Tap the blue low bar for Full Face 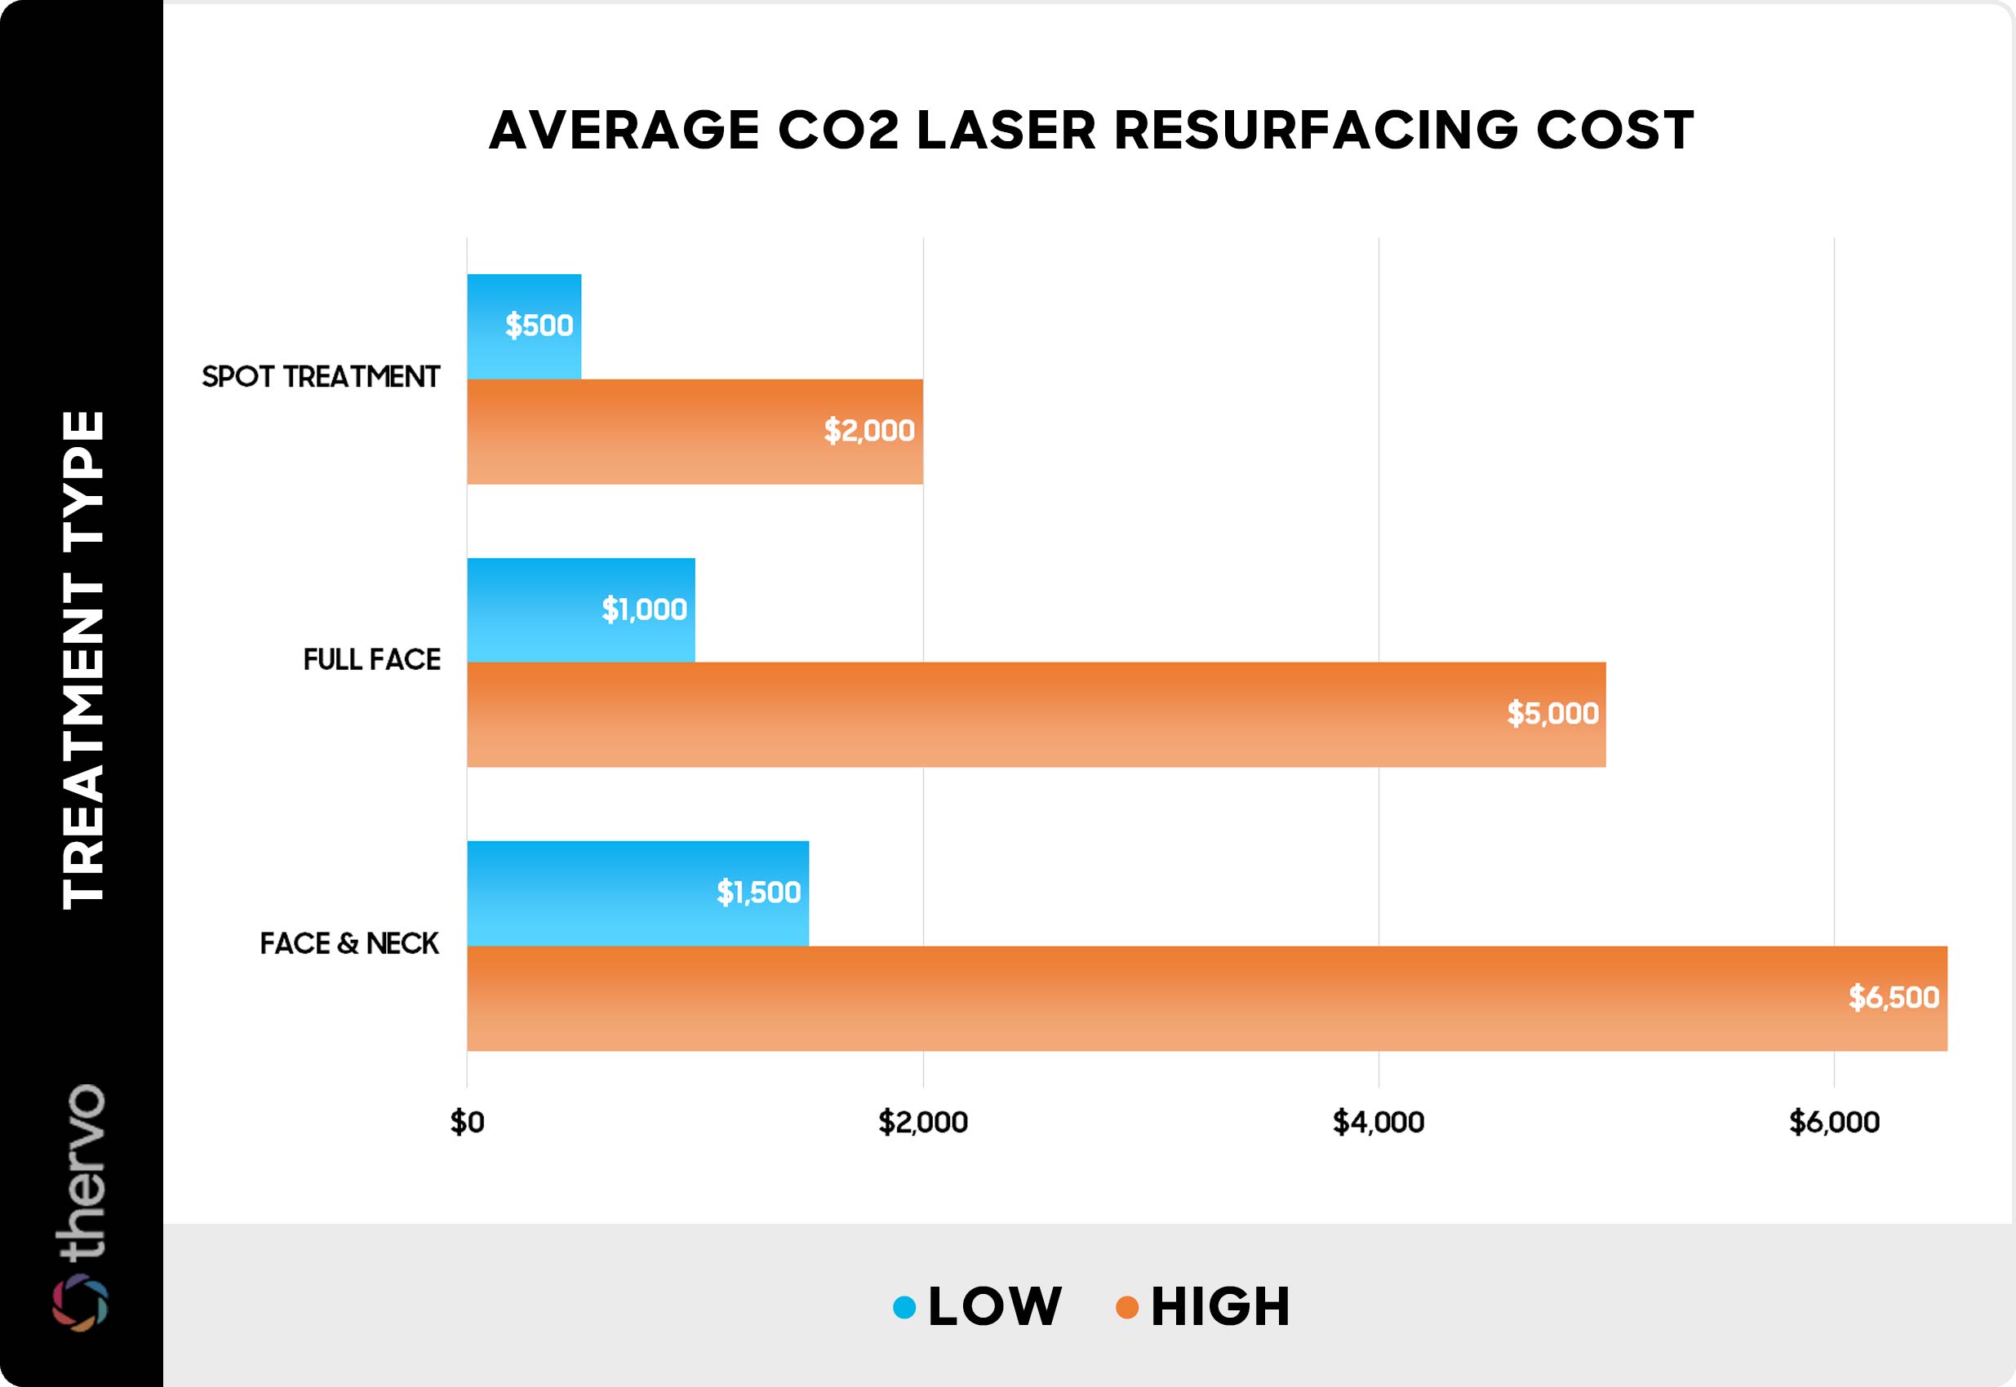point(579,609)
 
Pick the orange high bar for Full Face point(1034,715)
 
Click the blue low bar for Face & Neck point(637,893)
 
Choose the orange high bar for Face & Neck point(1206,998)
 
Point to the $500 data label point(539,326)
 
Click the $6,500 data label point(1894,998)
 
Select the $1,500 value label point(758,893)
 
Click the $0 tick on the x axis point(467,1123)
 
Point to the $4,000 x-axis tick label point(1378,1123)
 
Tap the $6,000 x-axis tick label point(1834,1123)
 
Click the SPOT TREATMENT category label point(321,377)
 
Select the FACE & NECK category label point(349,944)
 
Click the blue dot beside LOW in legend point(904,1307)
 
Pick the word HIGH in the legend point(1220,1307)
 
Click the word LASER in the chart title point(1006,131)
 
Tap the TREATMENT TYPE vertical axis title point(83,661)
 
